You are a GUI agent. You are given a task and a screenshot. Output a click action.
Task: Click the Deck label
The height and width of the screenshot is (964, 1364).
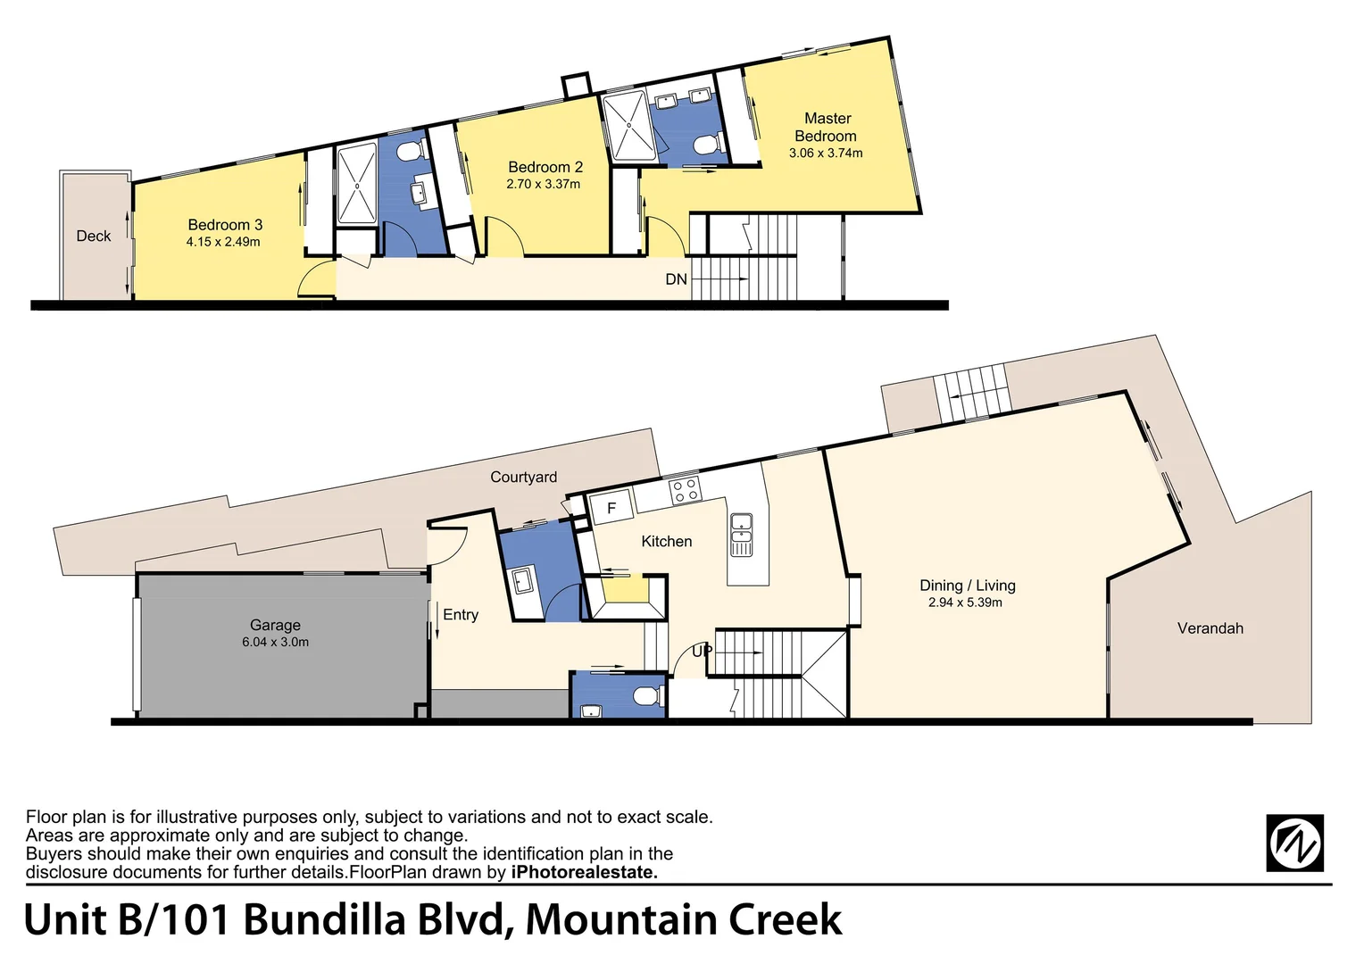point(93,236)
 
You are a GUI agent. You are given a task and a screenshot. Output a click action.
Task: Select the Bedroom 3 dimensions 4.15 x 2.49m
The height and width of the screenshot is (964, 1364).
point(223,242)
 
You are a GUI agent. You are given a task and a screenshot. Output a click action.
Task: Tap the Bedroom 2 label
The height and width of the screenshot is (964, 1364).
point(545,167)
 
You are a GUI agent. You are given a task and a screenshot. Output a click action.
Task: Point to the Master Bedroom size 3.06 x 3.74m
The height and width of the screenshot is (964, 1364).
point(825,153)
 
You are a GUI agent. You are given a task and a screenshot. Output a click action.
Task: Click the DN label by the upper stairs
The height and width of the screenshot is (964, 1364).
point(676,279)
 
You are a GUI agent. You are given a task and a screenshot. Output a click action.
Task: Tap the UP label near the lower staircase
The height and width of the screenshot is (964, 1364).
point(702,651)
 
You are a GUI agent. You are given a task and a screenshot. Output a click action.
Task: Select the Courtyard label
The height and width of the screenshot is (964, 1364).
point(523,477)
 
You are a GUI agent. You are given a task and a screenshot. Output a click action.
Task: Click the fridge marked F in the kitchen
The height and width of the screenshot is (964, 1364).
point(611,508)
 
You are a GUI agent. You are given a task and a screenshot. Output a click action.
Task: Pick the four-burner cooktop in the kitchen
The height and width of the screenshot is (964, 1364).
point(685,489)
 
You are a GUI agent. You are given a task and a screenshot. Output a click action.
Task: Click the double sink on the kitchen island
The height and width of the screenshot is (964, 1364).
point(741,534)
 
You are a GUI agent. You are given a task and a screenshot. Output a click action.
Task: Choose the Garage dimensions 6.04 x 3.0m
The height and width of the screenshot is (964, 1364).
point(275,642)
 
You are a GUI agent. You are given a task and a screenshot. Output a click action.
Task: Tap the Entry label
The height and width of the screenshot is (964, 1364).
point(461,614)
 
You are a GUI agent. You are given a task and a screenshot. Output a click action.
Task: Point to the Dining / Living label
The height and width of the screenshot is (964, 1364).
point(967,586)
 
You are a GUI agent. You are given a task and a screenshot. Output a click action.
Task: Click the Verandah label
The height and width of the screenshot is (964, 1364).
point(1210,628)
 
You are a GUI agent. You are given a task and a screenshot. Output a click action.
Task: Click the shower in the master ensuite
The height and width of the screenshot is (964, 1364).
point(628,128)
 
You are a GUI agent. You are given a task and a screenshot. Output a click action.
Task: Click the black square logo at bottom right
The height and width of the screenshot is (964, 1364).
point(1294,843)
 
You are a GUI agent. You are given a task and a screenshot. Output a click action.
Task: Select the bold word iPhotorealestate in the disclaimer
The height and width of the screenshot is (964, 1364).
point(584,872)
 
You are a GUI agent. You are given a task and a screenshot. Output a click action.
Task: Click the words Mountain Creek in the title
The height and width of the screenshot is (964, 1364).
point(683,919)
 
